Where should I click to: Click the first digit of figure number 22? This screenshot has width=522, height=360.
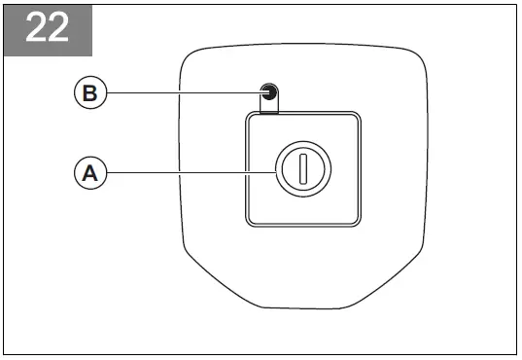(35, 28)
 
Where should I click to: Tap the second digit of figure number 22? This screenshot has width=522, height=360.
(60, 28)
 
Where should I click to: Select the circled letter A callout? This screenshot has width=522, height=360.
(89, 173)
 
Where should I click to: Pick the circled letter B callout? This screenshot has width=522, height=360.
(89, 93)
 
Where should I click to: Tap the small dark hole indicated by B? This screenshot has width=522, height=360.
(269, 93)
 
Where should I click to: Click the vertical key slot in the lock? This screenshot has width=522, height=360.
(302, 170)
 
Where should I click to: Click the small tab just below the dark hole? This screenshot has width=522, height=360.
(269, 106)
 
